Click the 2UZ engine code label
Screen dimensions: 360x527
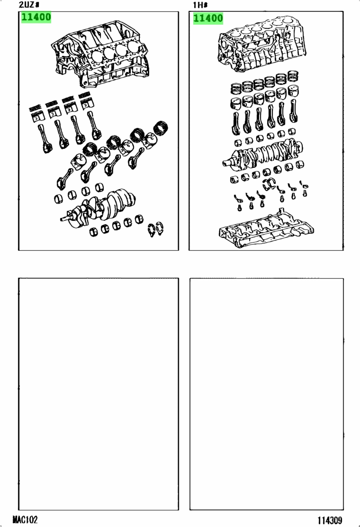pos(29,5)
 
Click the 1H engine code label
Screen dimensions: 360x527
pos(200,5)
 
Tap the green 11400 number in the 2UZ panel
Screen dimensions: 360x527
pos(36,17)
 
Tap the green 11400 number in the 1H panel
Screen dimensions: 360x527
pos(208,18)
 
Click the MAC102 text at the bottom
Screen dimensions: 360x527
pos(25,519)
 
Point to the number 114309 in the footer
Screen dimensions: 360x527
pos(330,520)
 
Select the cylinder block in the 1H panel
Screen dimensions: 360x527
pos(261,44)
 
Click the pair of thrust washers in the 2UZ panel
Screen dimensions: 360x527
pos(156,229)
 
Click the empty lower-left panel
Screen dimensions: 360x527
pos(99,394)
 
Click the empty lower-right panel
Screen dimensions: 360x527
pos(267,394)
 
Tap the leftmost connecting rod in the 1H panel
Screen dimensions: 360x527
pos(236,123)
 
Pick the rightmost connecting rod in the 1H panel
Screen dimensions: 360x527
pos(293,111)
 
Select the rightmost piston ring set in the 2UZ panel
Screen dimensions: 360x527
pos(161,127)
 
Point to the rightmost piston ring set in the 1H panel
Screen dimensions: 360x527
pos(293,76)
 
